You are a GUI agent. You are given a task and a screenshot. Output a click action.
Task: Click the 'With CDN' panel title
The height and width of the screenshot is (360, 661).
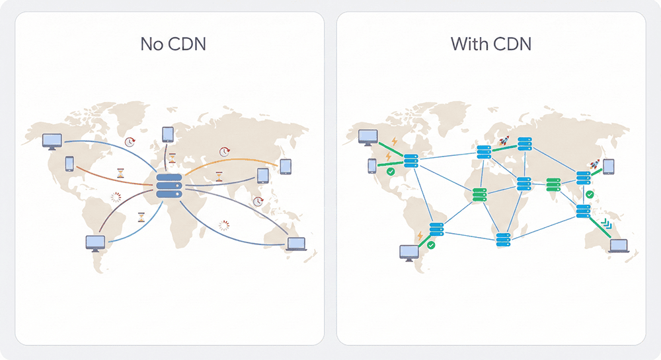pyautogui.click(x=491, y=44)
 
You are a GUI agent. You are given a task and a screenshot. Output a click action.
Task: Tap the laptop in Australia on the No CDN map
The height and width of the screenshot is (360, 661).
pyautogui.click(x=296, y=244)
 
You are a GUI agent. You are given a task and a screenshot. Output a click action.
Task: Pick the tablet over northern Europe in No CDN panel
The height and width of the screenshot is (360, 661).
pyautogui.click(x=167, y=135)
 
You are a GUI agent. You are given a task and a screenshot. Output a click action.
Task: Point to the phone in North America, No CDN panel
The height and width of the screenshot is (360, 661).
pyautogui.click(x=69, y=163)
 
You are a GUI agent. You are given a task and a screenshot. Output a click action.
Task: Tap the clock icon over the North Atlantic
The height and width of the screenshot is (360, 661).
pyautogui.click(x=130, y=141)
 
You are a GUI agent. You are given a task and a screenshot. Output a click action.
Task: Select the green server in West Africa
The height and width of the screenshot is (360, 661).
pyautogui.click(x=479, y=194)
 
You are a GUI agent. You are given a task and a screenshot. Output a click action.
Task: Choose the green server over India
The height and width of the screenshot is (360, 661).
pyautogui.click(x=555, y=182)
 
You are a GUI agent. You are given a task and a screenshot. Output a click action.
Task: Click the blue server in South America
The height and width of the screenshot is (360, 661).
pyautogui.click(x=436, y=229)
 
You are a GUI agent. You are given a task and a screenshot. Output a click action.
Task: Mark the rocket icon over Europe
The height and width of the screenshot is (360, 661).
pyautogui.click(x=505, y=140)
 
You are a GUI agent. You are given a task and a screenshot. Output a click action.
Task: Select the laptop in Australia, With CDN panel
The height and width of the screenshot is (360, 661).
pyautogui.click(x=619, y=246)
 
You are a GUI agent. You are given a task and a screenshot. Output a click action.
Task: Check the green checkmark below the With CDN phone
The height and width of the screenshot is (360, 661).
pyautogui.click(x=391, y=171)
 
